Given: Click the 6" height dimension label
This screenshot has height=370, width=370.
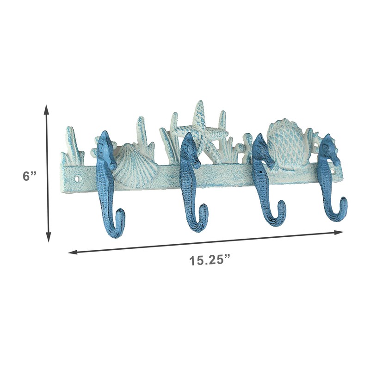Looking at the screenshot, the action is click(x=29, y=176).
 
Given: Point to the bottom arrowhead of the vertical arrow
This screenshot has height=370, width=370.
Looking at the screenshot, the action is click(x=49, y=237).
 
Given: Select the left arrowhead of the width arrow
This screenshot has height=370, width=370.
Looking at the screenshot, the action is click(x=73, y=252).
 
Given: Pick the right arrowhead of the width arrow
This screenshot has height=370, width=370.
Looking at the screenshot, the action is click(x=339, y=233).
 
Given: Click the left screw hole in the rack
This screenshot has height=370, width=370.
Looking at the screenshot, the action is click(x=77, y=179).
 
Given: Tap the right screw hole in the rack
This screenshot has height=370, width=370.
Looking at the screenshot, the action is click(x=333, y=170).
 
